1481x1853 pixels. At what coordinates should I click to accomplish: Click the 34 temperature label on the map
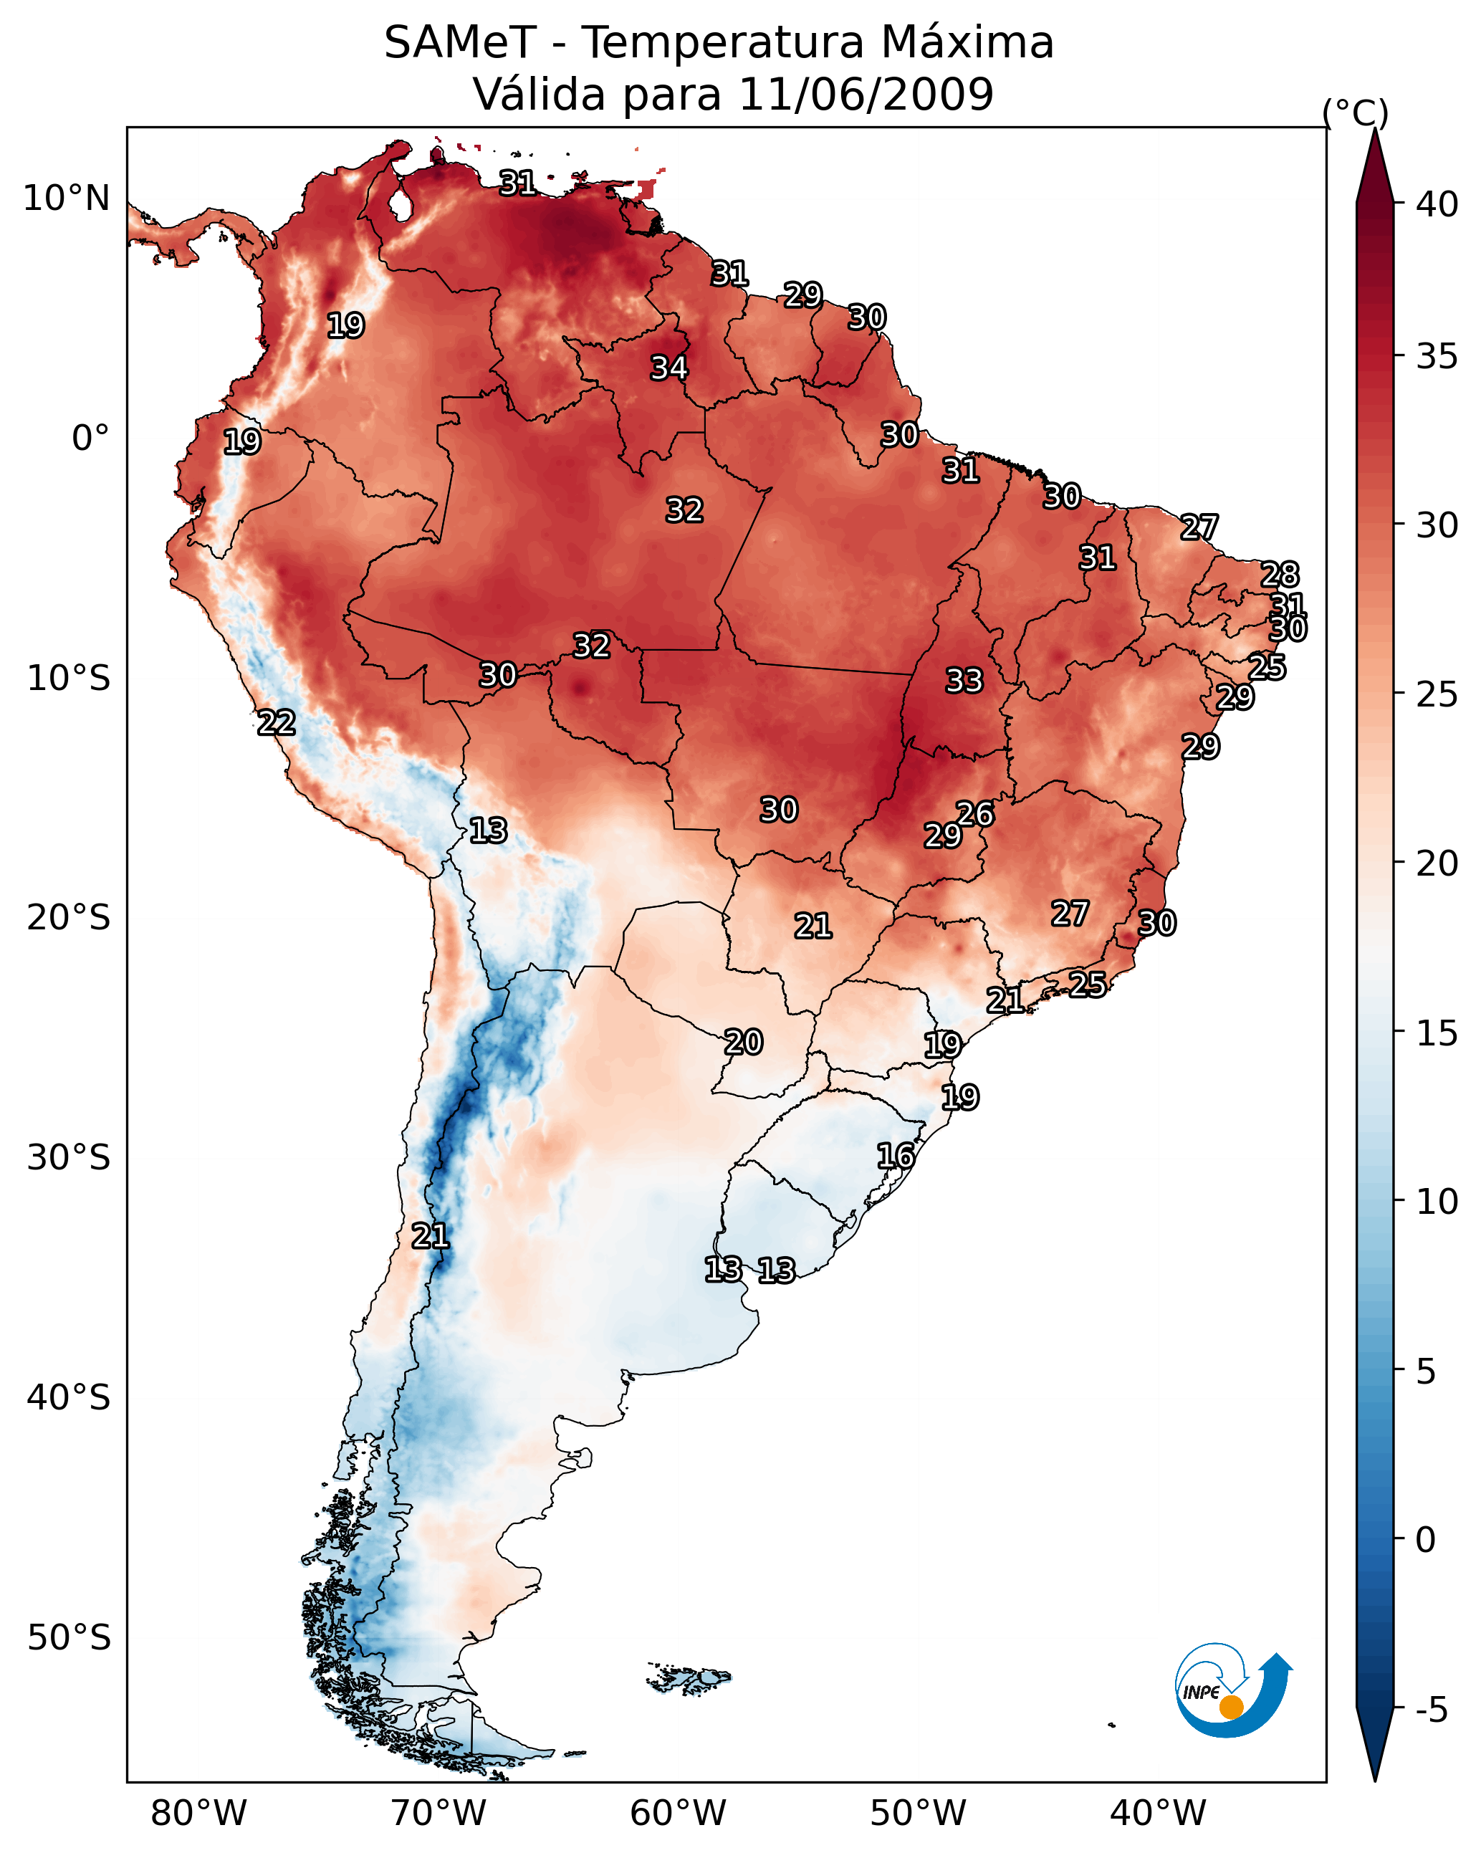click(x=668, y=368)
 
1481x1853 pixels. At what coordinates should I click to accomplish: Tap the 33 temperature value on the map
click(x=964, y=681)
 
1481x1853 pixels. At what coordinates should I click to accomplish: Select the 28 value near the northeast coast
click(x=1279, y=574)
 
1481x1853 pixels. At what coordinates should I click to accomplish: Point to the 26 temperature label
click(x=974, y=813)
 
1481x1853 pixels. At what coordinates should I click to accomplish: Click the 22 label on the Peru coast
click(x=276, y=723)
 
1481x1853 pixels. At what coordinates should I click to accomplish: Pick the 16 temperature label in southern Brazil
click(x=895, y=1156)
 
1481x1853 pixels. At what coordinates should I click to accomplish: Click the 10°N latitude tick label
click(x=66, y=198)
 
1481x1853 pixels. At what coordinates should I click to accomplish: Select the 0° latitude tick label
click(x=90, y=439)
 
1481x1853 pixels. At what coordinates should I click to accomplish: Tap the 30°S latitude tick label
click(x=69, y=1158)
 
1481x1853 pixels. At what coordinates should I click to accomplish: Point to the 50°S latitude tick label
click(x=69, y=1638)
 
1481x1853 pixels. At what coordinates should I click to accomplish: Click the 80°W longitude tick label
click(x=198, y=1813)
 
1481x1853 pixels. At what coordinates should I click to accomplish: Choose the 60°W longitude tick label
click(x=679, y=1813)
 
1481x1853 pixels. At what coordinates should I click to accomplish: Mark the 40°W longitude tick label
click(x=1158, y=1813)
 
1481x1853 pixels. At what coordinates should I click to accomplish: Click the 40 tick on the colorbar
click(x=1437, y=204)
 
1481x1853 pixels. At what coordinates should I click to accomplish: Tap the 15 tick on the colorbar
click(x=1437, y=1033)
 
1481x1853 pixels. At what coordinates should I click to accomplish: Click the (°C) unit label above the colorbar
click(x=1355, y=112)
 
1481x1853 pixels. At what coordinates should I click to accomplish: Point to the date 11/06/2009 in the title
click(x=866, y=95)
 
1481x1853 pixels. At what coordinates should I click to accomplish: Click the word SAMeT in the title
click(x=460, y=43)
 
